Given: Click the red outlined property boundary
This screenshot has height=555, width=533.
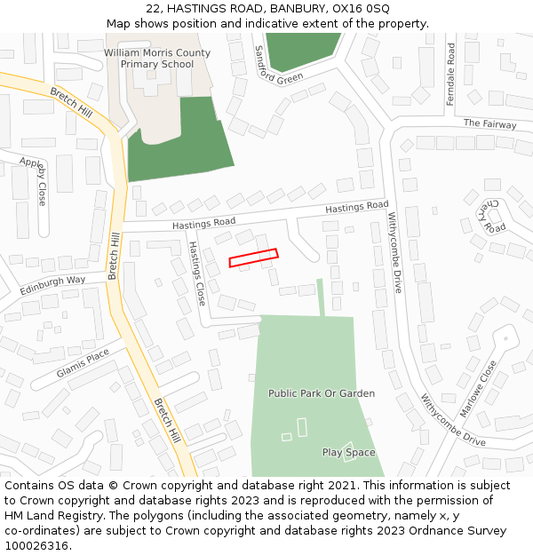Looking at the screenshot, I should pyautogui.click(x=253, y=258).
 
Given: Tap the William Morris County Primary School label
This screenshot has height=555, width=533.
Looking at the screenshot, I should pyautogui.click(x=157, y=59).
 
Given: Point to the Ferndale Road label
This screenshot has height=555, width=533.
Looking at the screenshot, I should pyautogui.click(x=451, y=75).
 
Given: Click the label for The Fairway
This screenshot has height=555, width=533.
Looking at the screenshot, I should pyautogui.click(x=489, y=124).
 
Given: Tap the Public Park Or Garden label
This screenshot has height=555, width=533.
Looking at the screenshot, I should pyautogui.click(x=322, y=393).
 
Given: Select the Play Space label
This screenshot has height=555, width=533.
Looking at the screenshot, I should pyautogui.click(x=348, y=453).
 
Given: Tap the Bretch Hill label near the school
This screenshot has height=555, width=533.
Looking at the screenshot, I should pyautogui.click(x=71, y=105).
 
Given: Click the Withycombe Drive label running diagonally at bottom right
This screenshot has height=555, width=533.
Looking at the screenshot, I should pyautogui.click(x=453, y=420).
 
